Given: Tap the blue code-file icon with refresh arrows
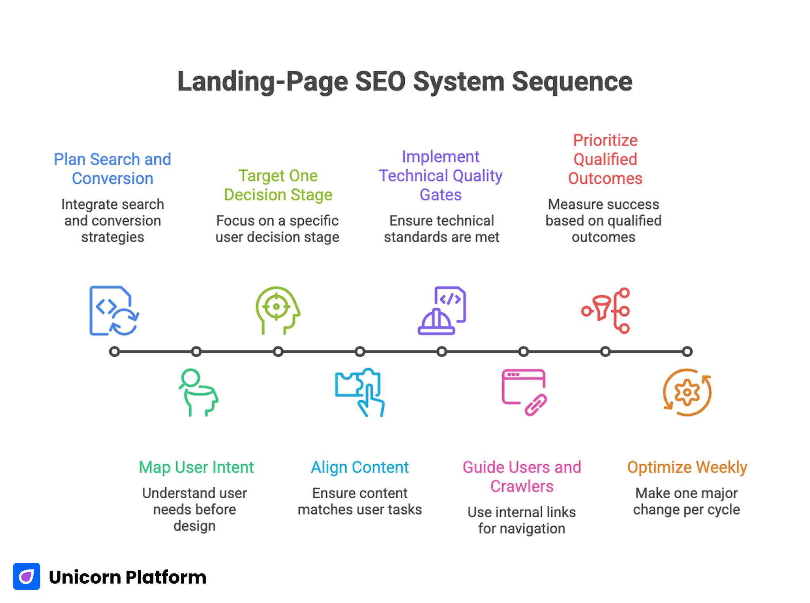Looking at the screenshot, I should [x=114, y=311].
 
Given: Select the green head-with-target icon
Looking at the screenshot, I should [x=277, y=310].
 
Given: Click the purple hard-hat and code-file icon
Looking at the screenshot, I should [x=442, y=311].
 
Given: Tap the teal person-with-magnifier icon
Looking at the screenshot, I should [x=197, y=392].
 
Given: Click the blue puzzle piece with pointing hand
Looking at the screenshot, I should [x=360, y=392].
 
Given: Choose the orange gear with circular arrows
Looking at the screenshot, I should [x=687, y=392].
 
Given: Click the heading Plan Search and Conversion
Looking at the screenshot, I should [x=112, y=169].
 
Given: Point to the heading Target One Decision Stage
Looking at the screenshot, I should [x=278, y=185].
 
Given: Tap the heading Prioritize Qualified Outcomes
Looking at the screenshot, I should [x=605, y=159].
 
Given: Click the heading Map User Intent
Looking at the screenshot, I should [x=196, y=467].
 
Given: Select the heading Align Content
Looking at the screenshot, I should [x=360, y=467].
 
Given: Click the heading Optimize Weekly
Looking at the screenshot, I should [x=687, y=467].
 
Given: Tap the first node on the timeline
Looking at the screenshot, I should [x=114, y=351].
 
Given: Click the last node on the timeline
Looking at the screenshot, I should [x=687, y=351].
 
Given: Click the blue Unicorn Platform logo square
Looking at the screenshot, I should [x=26, y=576].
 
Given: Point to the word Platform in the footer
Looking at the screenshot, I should [x=166, y=577].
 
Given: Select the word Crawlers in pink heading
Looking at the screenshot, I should [x=522, y=486].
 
